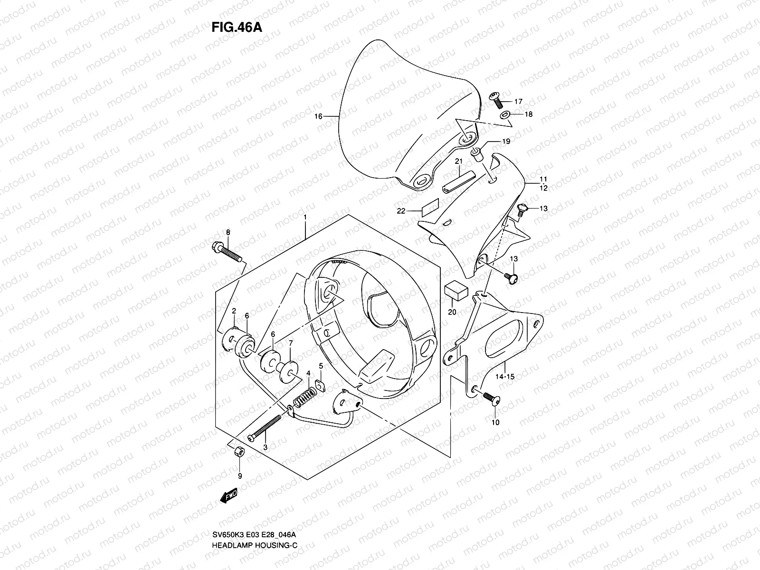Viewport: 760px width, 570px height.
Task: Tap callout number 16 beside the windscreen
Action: coord(318,116)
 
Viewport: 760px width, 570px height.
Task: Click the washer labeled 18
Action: coord(506,114)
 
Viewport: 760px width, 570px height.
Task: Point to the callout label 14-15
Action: coord(505,377)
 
